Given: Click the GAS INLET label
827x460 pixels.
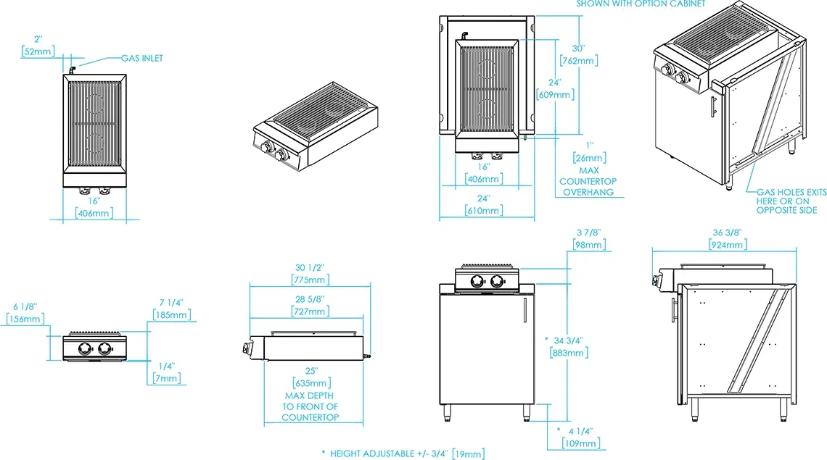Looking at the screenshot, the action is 142,58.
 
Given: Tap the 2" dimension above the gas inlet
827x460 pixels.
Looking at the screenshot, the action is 38,40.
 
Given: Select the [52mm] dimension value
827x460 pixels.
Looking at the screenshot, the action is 38,51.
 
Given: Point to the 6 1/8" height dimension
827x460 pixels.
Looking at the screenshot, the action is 25,306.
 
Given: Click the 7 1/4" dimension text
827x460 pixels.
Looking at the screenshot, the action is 171,303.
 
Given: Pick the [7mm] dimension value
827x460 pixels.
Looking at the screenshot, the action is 167,378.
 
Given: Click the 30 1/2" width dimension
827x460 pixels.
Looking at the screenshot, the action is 310,268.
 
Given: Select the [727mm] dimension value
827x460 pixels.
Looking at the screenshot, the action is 310,311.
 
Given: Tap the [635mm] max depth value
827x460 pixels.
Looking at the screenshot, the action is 312,383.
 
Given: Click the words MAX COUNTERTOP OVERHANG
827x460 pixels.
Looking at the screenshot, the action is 588,181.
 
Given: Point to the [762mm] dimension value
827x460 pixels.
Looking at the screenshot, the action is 579,61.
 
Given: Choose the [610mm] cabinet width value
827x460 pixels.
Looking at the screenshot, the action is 484,211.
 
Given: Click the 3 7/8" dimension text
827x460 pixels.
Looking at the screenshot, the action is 588,233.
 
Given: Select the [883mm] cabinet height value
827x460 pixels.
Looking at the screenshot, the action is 569,353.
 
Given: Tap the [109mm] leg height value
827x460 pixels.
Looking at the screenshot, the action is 580,443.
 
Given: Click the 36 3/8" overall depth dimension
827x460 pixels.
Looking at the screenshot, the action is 728,233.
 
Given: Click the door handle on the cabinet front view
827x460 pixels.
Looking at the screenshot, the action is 524,310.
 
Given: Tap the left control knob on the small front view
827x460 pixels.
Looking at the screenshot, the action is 85,348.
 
